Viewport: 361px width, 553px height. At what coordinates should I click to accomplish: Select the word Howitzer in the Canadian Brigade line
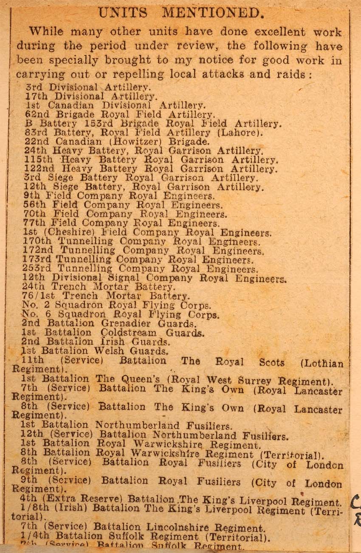pyautogui.click(x=139, y=141)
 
